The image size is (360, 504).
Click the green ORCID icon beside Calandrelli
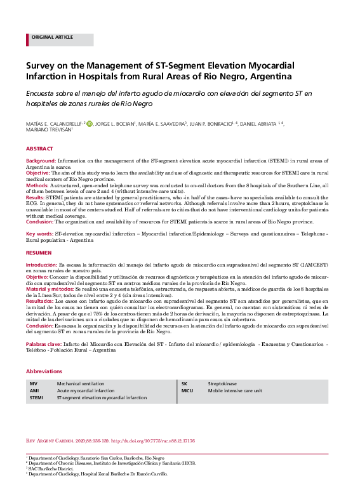89,124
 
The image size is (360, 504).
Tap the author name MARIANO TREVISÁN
48,131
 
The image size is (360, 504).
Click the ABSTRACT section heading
39,149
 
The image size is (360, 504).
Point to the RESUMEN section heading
39,253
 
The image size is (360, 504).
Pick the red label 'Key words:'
39,234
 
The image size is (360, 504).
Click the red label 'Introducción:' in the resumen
42,263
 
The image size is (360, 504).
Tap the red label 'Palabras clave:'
44,343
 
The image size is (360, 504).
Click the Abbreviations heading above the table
44,371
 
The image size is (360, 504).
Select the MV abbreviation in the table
33,384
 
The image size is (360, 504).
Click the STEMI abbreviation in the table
36,397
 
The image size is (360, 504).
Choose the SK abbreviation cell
185,384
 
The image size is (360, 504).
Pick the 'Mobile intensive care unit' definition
234,391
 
